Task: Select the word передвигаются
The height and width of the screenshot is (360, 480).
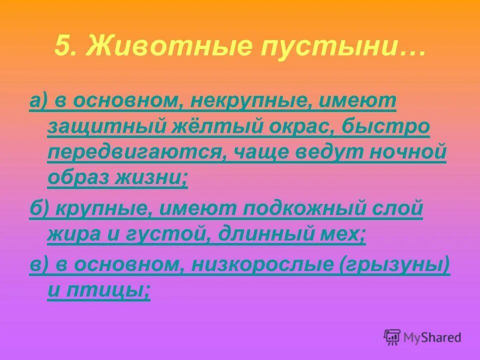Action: tap(134, 152)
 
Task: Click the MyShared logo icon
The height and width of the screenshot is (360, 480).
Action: tap(392, 337)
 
